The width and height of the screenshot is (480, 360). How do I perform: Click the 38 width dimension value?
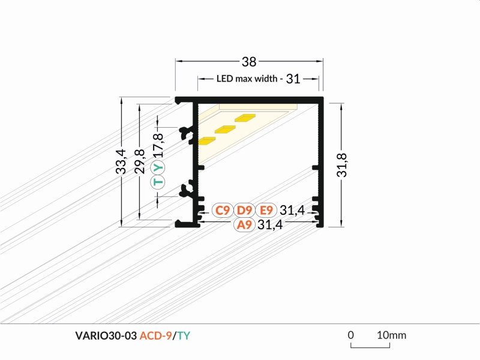(249, 62)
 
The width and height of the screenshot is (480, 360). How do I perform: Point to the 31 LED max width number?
(293, 79)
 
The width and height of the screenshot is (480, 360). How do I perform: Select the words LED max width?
(247, 79)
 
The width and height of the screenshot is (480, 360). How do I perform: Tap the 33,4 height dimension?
(121, 161)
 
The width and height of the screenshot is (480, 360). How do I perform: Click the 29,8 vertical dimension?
(140, 161)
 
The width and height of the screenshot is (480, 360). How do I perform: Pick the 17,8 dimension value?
(158, 145)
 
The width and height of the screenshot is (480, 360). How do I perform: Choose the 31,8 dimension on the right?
(342, 165)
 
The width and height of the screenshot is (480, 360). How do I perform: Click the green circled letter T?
(158, 182)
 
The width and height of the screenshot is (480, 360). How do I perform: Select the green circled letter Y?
(158, 167)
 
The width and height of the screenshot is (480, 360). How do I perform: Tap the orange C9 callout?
(223, 211)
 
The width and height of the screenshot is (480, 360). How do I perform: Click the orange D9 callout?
(244, 211)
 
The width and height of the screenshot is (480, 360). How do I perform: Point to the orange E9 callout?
(266, 211)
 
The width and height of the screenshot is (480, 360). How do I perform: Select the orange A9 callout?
(244, 224)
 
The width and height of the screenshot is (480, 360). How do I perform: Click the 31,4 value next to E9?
(292, 211)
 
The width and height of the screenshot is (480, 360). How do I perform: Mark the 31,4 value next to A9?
(271, 224)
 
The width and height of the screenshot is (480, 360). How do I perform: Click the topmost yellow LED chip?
(245, 118)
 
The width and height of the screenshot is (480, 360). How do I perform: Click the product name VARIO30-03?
(106, 336)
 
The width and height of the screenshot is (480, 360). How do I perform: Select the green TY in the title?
(184, 336)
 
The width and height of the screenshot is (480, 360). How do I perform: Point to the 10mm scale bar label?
(392, 335)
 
